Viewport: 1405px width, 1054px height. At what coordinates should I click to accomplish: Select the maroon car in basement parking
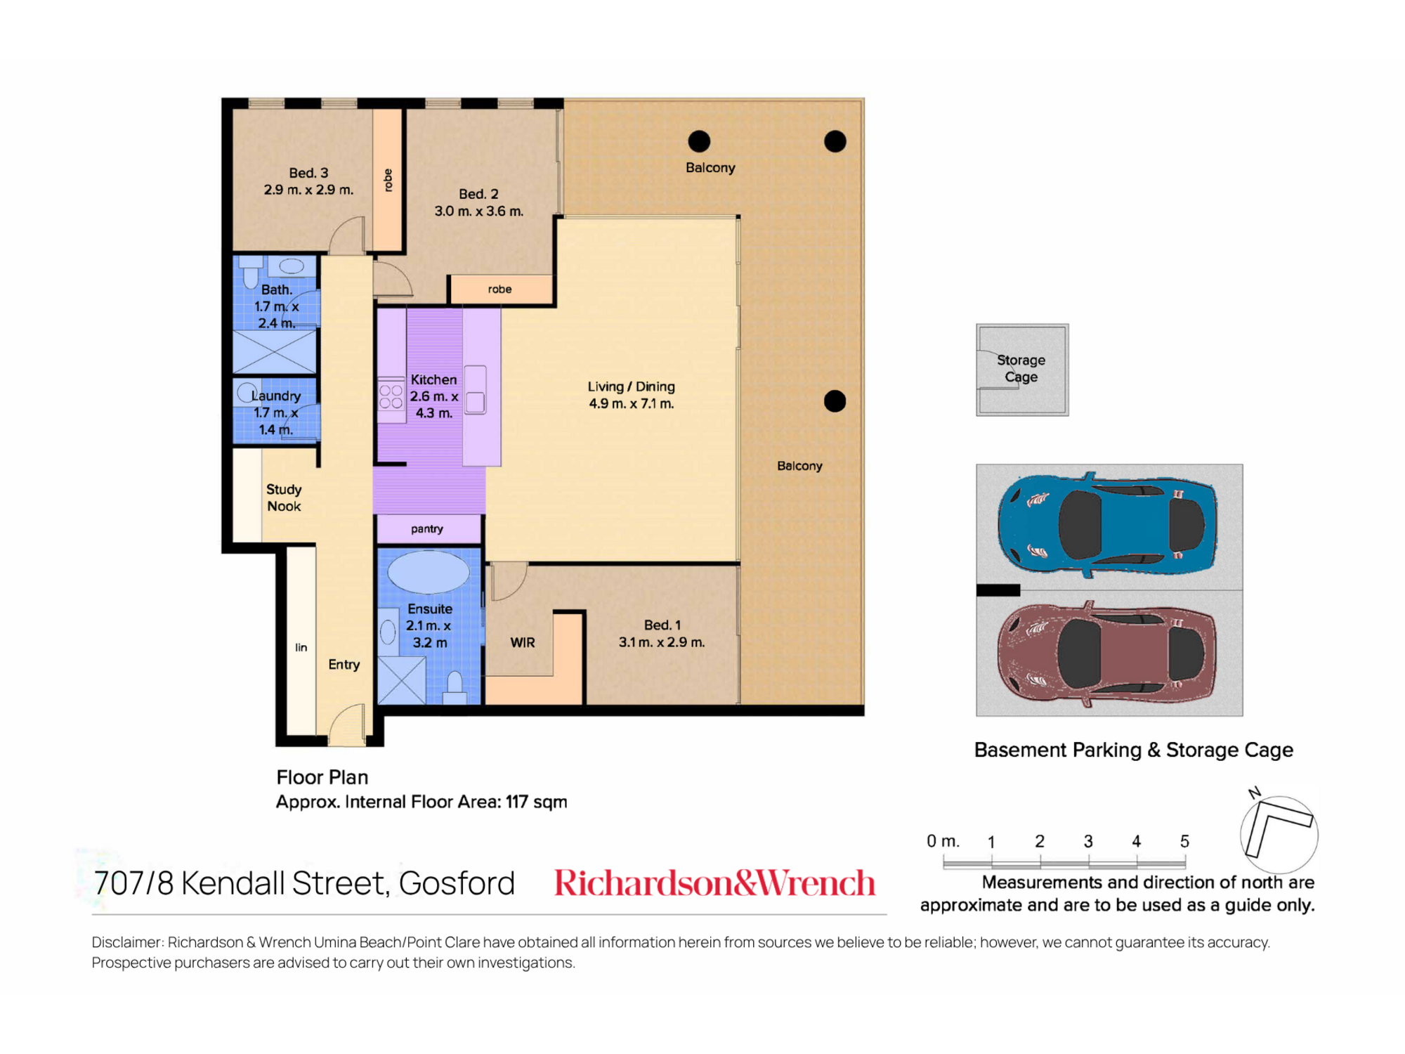point(1107,653)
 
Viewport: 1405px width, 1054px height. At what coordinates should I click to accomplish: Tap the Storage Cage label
point(1021,368)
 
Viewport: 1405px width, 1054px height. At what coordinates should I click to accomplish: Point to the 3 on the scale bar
point(1088,841)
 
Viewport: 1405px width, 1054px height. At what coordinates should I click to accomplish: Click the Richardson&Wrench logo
point(714,883)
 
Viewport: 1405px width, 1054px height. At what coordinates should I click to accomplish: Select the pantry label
point(427,528)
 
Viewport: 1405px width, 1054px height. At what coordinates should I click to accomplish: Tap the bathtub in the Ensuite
point(429,572)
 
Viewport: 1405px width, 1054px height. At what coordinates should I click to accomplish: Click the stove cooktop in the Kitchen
point(391,396)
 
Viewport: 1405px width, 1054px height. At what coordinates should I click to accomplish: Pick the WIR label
point(523,642)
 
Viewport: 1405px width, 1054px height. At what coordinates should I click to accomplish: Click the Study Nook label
point(284,497)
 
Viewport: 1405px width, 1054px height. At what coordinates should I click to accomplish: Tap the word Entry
point(344,664)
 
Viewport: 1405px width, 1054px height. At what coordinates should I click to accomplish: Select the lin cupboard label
point(301,647)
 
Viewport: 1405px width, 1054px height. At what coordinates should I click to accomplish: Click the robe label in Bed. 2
point(499,289)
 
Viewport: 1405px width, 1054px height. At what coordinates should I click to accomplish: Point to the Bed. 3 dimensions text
point(308,190)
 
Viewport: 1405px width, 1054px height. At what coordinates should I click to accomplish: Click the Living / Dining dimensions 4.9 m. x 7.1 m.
point(632,403)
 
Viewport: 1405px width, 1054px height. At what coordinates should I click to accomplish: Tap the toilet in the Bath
point(250,272)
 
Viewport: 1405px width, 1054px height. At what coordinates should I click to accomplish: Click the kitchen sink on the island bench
point(475,390)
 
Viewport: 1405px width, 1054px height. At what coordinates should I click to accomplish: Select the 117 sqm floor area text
point(537,802)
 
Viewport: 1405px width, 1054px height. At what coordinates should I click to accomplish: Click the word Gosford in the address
point(457,883)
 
